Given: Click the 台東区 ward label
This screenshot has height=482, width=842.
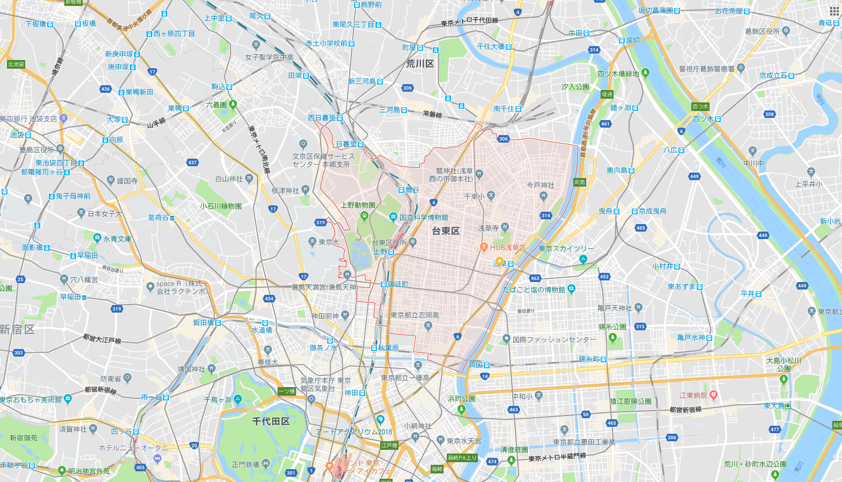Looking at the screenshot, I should (x=446, y=231).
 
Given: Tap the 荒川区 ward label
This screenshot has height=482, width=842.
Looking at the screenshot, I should (x=420, y=64).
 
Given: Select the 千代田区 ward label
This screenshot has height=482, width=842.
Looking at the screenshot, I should (x=271, y=421).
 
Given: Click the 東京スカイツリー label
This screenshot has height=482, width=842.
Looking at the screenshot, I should (x=566, y=249).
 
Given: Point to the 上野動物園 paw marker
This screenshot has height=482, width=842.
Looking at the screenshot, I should (x=365, y=216).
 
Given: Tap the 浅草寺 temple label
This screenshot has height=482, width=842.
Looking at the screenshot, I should (x=488, y=228).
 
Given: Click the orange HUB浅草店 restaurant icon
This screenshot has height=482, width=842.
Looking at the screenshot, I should (x=484, y=247).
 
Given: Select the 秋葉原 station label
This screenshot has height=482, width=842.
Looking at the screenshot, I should (x=388, y=348).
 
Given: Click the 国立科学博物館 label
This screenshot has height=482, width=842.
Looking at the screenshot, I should (x=424, y=217).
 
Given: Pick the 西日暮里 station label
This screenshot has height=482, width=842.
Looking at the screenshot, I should (x=322, y=118).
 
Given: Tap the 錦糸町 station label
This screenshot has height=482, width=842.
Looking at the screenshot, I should (x=589, y=359).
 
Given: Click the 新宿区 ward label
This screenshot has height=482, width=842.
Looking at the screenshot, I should (x=17, y=329).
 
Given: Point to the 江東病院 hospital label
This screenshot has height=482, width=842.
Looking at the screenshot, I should (x=693, y=396).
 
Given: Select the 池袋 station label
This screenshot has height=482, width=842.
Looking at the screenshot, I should (x=17, y=135).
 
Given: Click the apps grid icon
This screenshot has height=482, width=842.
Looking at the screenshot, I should (x=834, y=11).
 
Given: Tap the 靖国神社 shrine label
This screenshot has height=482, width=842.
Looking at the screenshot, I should (x=191, y=369).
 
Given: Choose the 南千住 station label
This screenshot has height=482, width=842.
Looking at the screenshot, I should (x=504, y=109).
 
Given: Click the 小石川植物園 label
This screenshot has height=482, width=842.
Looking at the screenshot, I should (x=221, y=206).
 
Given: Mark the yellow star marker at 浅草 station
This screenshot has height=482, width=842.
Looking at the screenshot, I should (x=499, y=262).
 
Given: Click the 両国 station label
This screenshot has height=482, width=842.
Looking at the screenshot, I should (x=476, y=365).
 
